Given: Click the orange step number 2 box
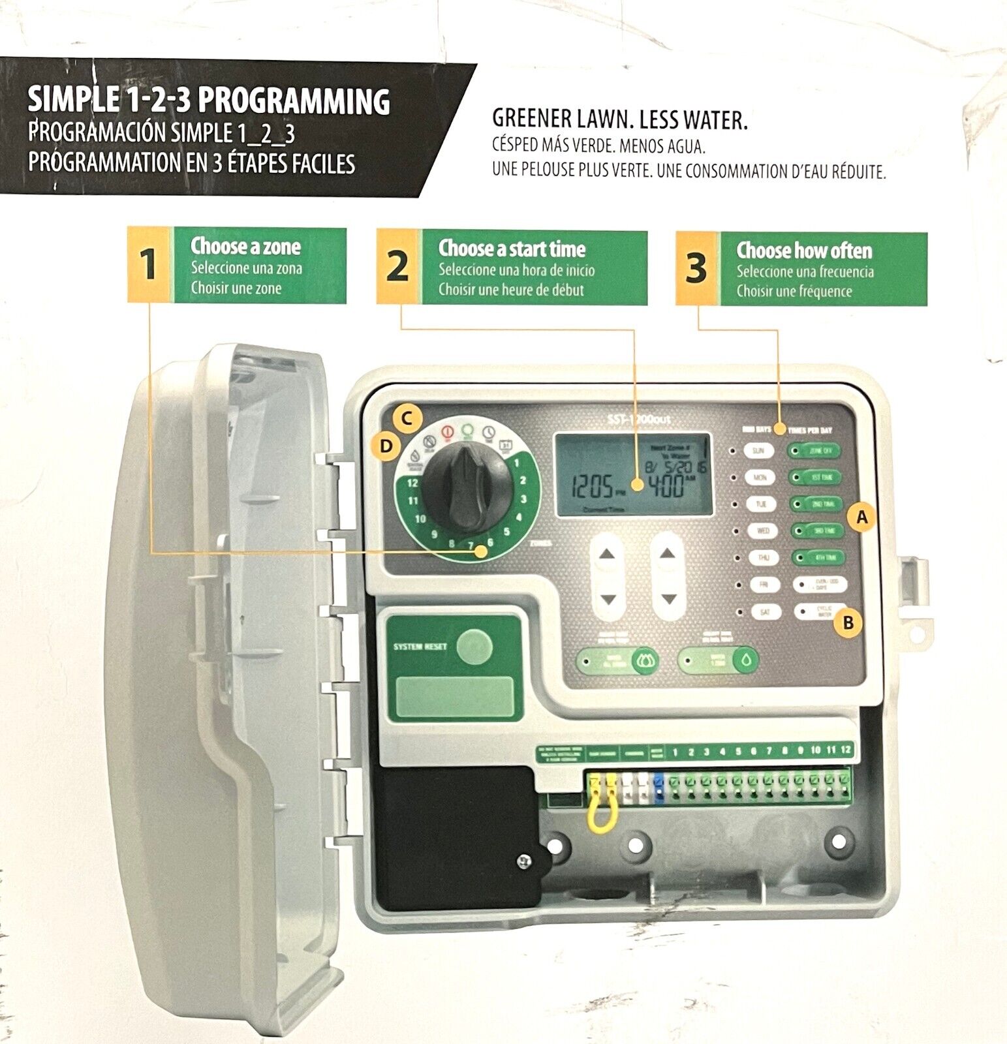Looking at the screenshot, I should click(397, 266).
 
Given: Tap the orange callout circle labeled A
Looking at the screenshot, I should click(862, 517).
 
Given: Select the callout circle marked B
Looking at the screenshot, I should click(848, 622).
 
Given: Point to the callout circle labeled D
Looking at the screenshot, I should click(386, 446).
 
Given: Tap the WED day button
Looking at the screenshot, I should click(762, 530).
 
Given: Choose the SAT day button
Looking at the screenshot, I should click(764, 612).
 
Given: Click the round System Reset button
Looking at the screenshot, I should click(474, 647).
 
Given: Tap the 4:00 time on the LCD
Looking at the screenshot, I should click(665, 486).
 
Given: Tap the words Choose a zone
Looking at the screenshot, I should click(245, 247).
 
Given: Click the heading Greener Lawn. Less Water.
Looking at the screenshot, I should click(619, 119).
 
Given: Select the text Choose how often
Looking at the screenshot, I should click(804, 251).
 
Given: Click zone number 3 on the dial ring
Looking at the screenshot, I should click(523, 499).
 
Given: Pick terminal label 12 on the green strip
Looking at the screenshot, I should click(845, 750).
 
